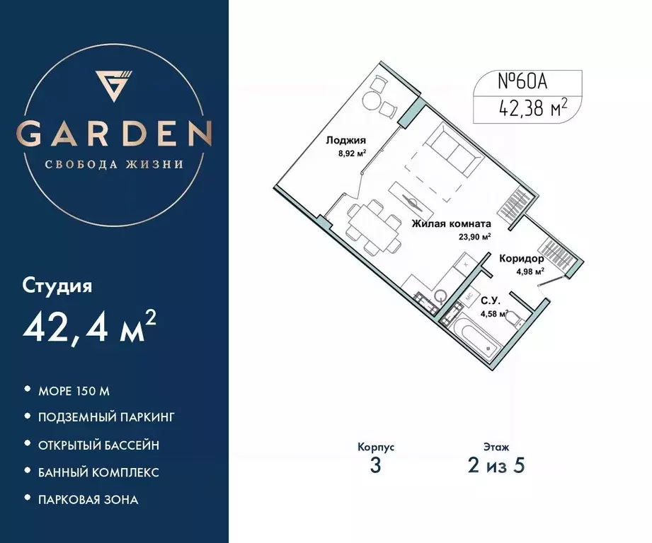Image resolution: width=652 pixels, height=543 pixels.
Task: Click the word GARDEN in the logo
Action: coord(114,133)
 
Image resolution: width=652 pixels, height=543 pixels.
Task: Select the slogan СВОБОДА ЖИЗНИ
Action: coord(114,165)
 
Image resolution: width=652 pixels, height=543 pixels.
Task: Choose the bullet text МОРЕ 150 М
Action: coord(75,390)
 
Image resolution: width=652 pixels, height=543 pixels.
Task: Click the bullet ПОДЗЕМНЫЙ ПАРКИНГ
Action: coord(106,417)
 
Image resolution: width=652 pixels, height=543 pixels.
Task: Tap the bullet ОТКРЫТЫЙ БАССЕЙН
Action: coord(98,445)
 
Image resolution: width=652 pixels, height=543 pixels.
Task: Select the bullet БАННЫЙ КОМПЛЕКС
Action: coord(98,472)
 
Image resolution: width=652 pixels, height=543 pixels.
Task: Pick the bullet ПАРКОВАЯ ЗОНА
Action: coord(88,499)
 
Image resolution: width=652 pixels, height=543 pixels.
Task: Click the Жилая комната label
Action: coord(450,224)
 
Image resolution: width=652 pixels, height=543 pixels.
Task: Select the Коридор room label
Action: coord(521,259)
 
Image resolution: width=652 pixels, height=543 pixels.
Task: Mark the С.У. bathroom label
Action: coord(489,300)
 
